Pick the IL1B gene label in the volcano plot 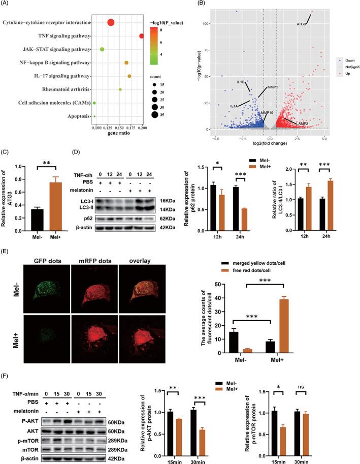click(x=241, y=81)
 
